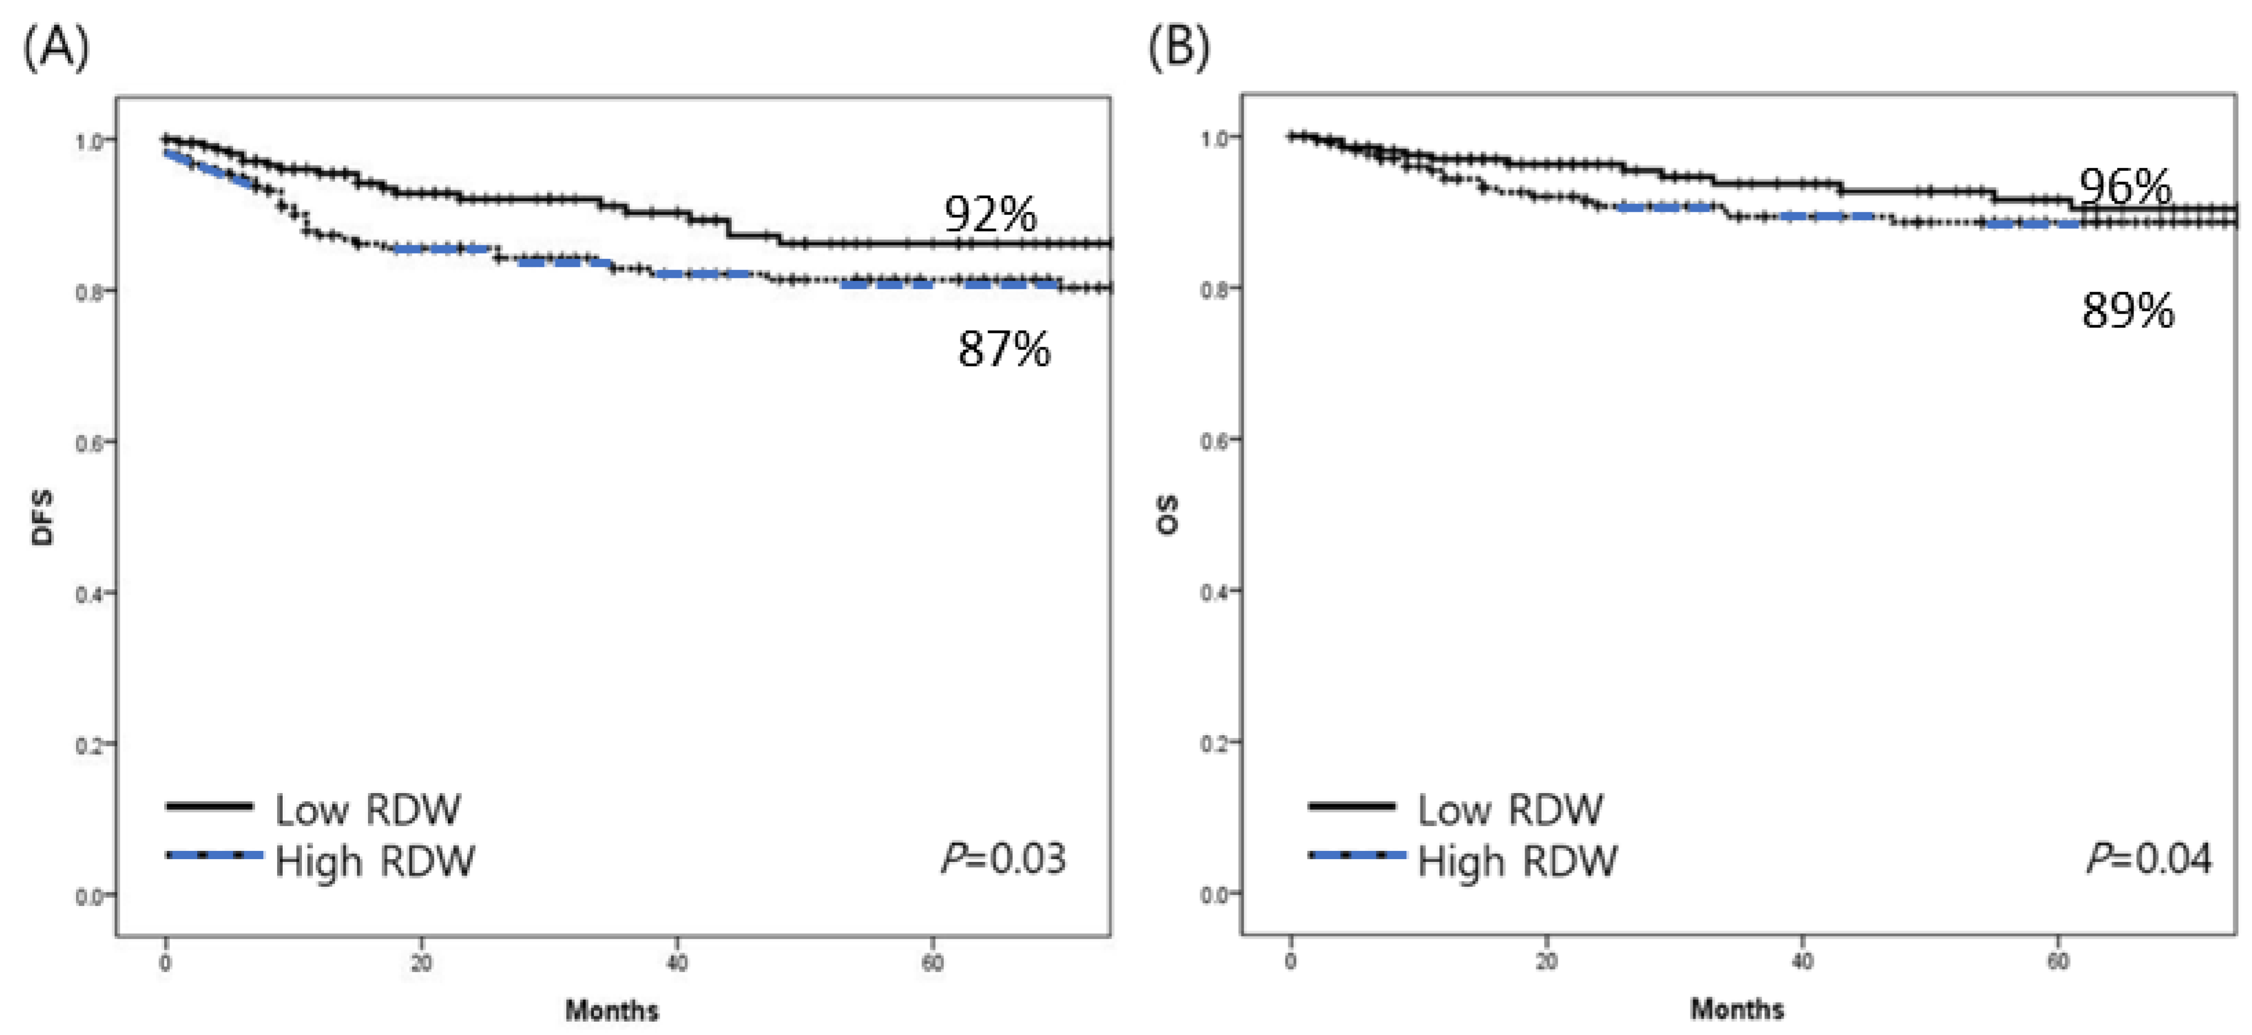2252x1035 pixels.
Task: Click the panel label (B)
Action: pos(1179,48)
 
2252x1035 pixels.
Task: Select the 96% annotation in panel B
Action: pos(2124,187)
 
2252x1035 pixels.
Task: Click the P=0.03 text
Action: pos(1003,859)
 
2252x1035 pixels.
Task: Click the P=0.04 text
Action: pos(2149,859)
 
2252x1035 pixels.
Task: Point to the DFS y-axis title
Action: pos(42,517)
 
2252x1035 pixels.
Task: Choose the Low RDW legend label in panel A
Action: pos(367,810)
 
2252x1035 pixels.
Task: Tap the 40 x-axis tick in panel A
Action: pos(677,963)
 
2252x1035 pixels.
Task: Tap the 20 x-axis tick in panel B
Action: pos(1546,962)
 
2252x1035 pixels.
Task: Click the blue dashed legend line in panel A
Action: pos(214,855)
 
